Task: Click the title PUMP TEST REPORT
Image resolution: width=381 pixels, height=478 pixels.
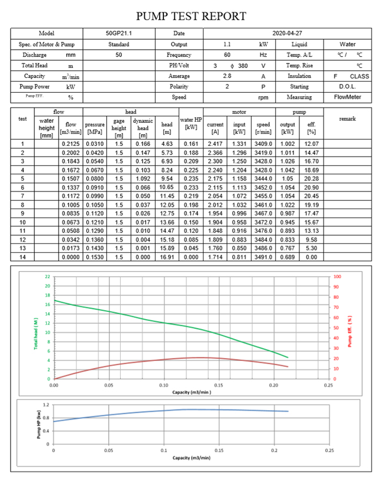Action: tap(190, 16)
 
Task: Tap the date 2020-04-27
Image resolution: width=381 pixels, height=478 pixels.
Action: tap(287, 34)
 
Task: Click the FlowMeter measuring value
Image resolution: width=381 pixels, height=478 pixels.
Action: tap(348, 97)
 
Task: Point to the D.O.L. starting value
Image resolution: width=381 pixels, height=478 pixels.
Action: tap(348, 87)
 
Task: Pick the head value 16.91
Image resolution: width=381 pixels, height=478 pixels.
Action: tap(166, 258)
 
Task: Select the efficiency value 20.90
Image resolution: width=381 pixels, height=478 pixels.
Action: tap(311, 187)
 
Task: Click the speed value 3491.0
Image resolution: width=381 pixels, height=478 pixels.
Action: tap(263, 258)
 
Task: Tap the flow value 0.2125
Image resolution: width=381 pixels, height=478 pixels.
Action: tap(71, 144)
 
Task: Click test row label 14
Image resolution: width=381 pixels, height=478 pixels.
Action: tap(22, 258)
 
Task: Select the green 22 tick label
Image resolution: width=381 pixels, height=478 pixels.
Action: tap(47, 277)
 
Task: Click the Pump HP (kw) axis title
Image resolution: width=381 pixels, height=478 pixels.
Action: tap(39, 425)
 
